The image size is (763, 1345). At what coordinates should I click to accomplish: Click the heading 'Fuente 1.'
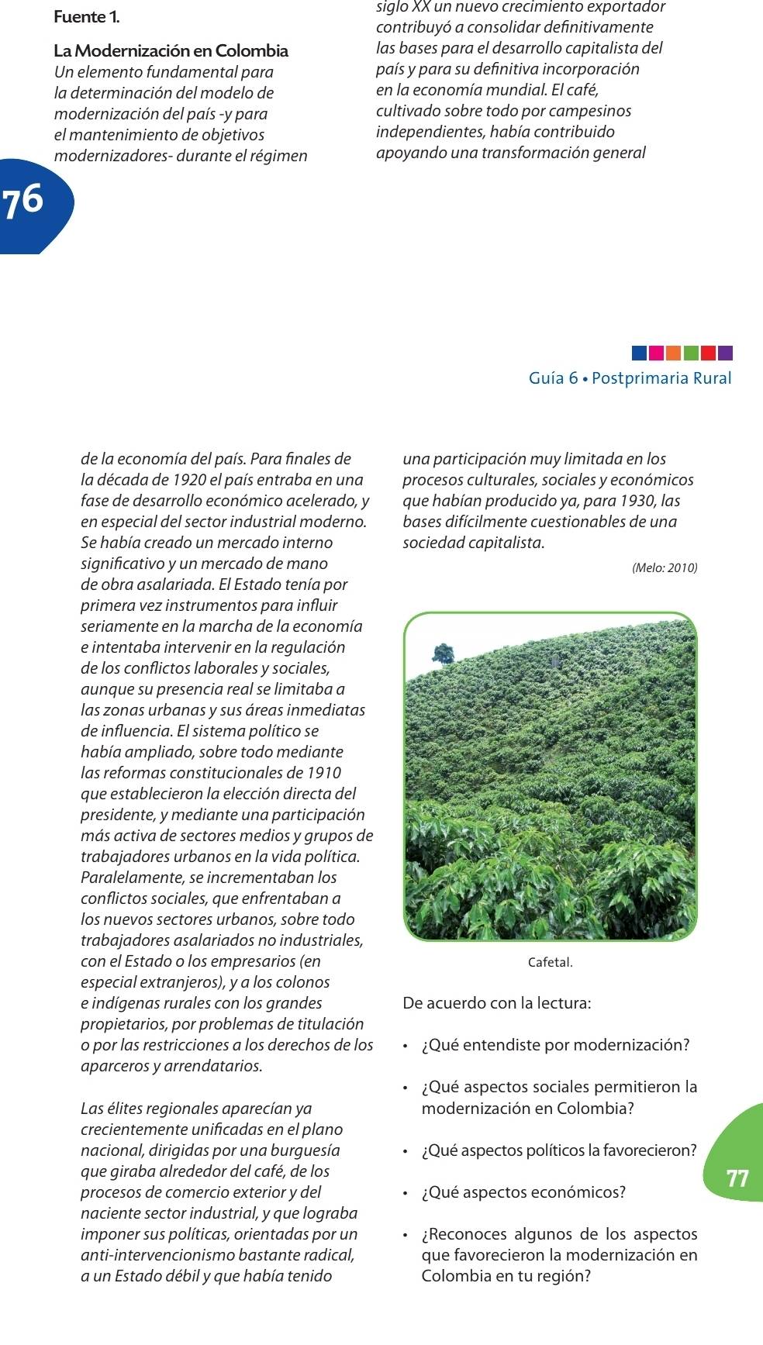87,17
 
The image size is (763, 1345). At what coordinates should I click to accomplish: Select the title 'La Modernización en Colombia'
171,51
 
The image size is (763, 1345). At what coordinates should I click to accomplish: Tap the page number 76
23,200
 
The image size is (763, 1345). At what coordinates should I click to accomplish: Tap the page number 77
737,1178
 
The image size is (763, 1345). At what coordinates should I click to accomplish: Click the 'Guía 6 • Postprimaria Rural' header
630,378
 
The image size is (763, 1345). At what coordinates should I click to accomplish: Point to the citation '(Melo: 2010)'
665,568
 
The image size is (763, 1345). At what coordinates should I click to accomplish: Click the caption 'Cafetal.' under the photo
550,963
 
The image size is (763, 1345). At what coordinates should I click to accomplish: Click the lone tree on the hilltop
444,653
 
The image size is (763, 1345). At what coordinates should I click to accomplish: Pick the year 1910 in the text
324,773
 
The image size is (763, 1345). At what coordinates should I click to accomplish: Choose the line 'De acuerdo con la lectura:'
497,1003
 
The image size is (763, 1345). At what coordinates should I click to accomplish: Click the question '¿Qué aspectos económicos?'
523,1192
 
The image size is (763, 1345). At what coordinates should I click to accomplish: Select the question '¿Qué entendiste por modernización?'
555,1045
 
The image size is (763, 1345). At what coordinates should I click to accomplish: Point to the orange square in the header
673,353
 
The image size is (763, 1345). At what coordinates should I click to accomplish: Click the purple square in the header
725,353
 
